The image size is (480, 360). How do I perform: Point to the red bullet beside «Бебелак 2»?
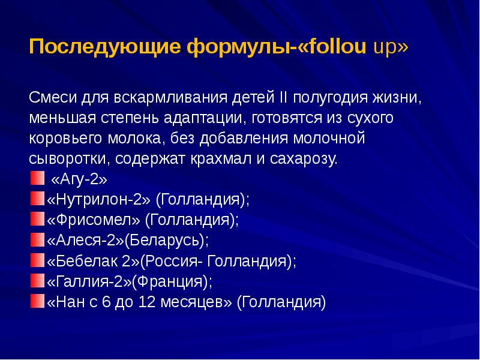tap(37, 261)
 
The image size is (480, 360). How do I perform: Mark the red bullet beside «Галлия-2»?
tap(37, 281)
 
